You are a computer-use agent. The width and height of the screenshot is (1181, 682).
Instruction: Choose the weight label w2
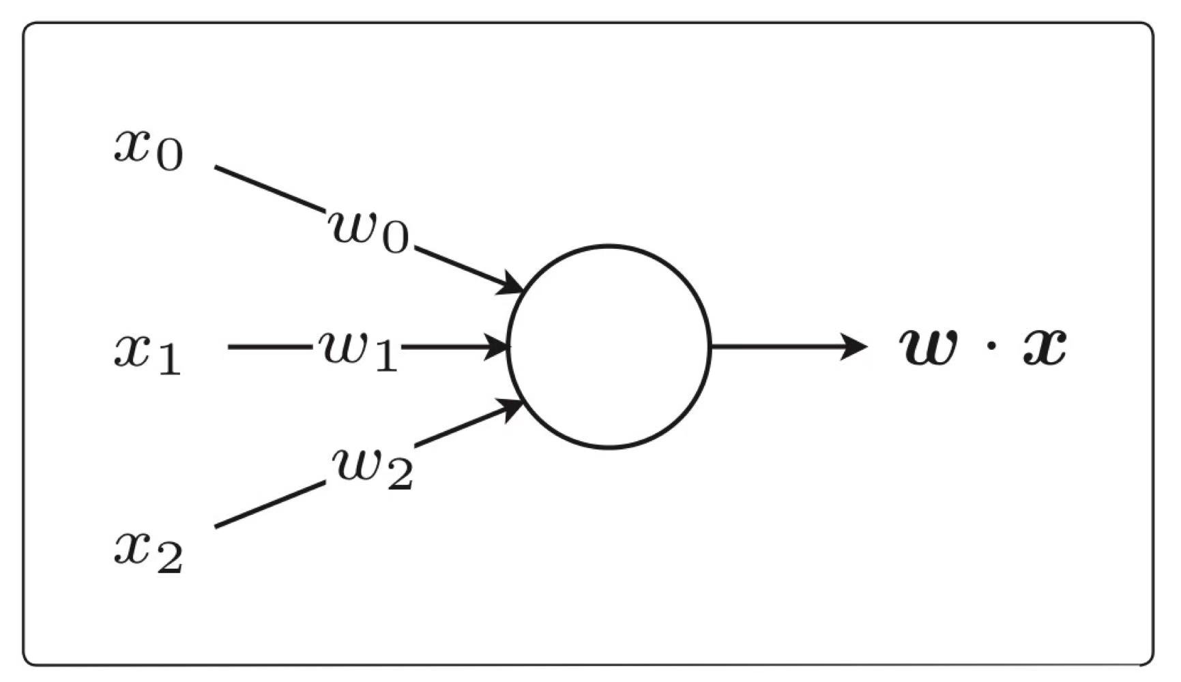373,469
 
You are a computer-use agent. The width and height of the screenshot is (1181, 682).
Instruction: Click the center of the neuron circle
609,346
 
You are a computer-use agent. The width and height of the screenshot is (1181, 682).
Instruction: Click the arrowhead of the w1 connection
497,346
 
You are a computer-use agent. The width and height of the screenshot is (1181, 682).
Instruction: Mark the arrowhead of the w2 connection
512,409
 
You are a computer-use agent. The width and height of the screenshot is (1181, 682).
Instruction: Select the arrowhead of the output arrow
854,346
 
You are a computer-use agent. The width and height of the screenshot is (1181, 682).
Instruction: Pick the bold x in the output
1044,346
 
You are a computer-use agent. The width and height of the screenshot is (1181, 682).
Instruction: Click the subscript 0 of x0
169,158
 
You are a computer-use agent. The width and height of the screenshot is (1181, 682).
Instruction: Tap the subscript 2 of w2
398,477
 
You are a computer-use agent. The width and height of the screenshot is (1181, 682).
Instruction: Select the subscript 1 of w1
385,357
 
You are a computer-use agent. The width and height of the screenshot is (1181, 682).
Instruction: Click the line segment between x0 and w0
269,189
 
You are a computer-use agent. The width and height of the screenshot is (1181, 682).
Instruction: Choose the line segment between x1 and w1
269,347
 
